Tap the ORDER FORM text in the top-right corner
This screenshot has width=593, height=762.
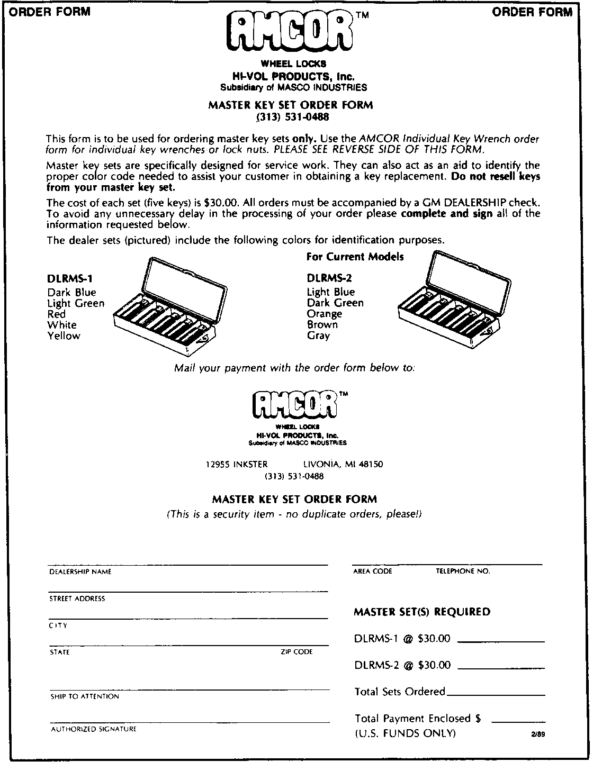point(532,12)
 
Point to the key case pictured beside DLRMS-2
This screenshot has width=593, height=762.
point(452,302)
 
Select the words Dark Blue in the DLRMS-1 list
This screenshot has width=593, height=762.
point(72,293)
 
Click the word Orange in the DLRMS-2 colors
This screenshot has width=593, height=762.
point(325,314)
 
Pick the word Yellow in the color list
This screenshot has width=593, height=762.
point(64,335)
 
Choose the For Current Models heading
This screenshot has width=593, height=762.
point(355,257)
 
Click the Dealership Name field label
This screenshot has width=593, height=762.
point(80,572)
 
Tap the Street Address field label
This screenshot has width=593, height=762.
point(77,599)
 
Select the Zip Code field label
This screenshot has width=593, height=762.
point(296,652)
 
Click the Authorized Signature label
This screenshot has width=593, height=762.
point(94,729)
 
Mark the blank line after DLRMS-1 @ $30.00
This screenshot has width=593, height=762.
point(500,641)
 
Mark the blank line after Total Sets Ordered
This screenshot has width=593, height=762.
point(496,694)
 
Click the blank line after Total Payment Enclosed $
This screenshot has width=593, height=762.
point(518,720)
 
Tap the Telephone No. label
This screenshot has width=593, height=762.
point(463,571)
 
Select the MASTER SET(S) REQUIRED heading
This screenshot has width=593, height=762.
point(422,612)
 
